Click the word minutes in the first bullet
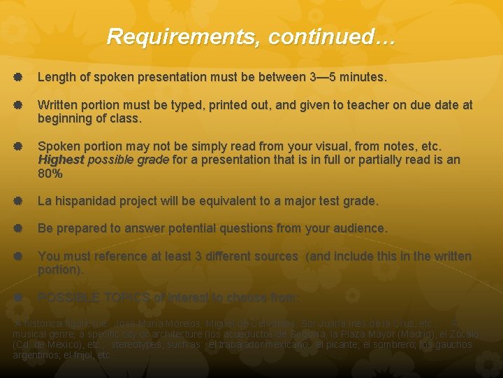362,77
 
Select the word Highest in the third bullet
61,160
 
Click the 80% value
50,173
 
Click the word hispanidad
85,201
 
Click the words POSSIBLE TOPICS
93,297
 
